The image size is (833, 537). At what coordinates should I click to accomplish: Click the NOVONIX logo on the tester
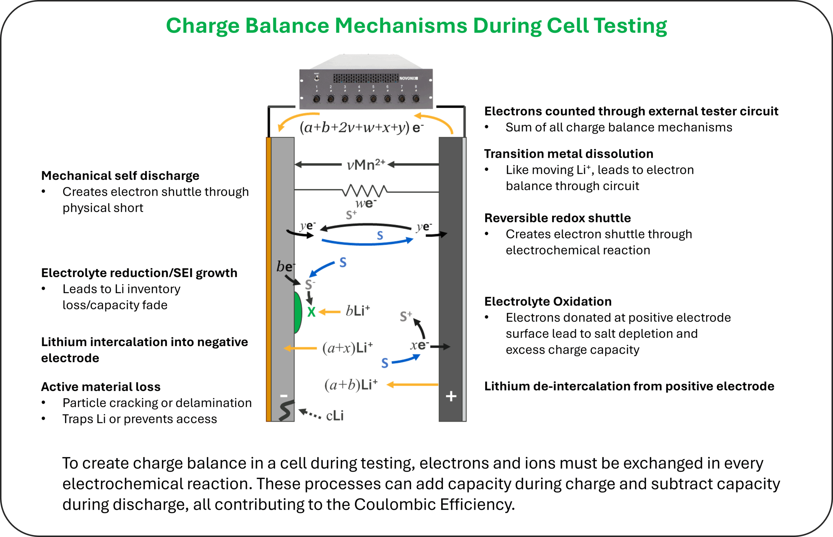[408, 78]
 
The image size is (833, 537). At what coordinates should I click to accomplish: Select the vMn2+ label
[366, 164]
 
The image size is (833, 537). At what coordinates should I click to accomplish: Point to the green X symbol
[311, 312]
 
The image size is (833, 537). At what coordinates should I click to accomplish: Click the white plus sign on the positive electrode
[451, 396]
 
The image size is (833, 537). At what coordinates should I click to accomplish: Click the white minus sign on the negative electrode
[284, 396]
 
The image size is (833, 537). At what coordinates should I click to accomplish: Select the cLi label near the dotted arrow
[335, 416]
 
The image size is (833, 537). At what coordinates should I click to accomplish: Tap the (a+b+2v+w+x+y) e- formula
[361, 128]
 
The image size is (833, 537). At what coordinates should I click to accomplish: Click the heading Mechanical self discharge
[120, 176]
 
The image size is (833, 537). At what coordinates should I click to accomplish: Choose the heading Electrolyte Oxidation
[548, 301]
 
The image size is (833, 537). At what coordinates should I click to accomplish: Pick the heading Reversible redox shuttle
[557, 218]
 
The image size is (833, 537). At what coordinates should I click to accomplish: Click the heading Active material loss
[101, 387]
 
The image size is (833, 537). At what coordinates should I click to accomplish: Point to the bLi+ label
[358, 310]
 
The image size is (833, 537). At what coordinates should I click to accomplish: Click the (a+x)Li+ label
[347, 348]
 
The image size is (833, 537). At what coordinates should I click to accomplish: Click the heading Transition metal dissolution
[568, 154]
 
